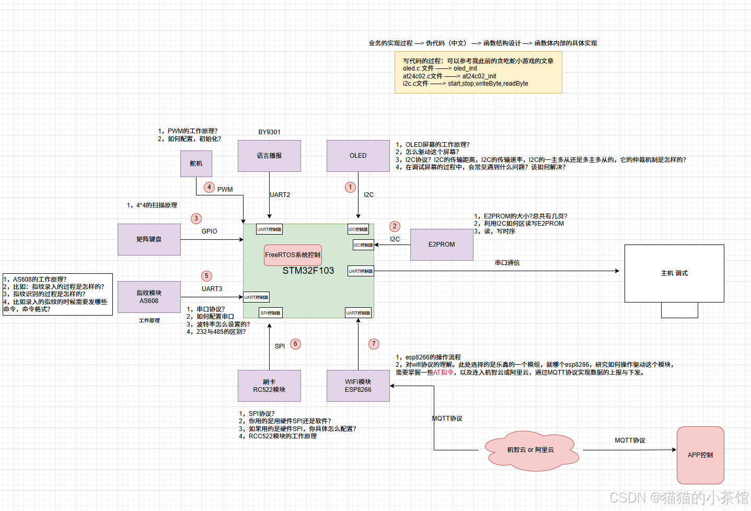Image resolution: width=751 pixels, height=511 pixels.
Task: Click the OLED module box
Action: [358, 156]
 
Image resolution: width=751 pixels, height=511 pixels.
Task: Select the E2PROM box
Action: [442, 245]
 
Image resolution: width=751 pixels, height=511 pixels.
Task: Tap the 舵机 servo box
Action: [196, 164]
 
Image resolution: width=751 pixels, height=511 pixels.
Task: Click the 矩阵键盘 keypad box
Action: [149, 239]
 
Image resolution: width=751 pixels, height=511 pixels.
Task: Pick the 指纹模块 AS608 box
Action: [149, 297]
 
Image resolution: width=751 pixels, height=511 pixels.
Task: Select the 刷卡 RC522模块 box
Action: [269, 386]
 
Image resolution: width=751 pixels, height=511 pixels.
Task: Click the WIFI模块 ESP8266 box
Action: [358, 386]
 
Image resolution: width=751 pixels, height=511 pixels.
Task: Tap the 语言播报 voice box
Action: [269, 156]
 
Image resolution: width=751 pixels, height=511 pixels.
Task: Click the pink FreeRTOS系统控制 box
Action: [293, 255]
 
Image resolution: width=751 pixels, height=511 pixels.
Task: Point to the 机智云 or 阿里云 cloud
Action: [530, 450]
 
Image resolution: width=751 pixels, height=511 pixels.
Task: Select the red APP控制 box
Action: [700, 455]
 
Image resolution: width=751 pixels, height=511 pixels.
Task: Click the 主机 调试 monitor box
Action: [674, 273]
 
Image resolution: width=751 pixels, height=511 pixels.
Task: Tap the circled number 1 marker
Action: [351, 187]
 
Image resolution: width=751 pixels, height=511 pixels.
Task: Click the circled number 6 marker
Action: [295, 344]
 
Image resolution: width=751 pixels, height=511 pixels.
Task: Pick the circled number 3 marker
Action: [196, 218]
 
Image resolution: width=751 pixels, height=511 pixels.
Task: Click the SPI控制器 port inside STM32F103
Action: [271, 313]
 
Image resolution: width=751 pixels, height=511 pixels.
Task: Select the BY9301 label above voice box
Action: [269, 132]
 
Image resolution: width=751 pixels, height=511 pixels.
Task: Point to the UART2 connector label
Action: [280, 195]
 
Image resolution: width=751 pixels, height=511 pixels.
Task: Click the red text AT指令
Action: [443, 373]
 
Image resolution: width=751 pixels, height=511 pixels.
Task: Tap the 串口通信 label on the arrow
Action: [507, 263]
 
